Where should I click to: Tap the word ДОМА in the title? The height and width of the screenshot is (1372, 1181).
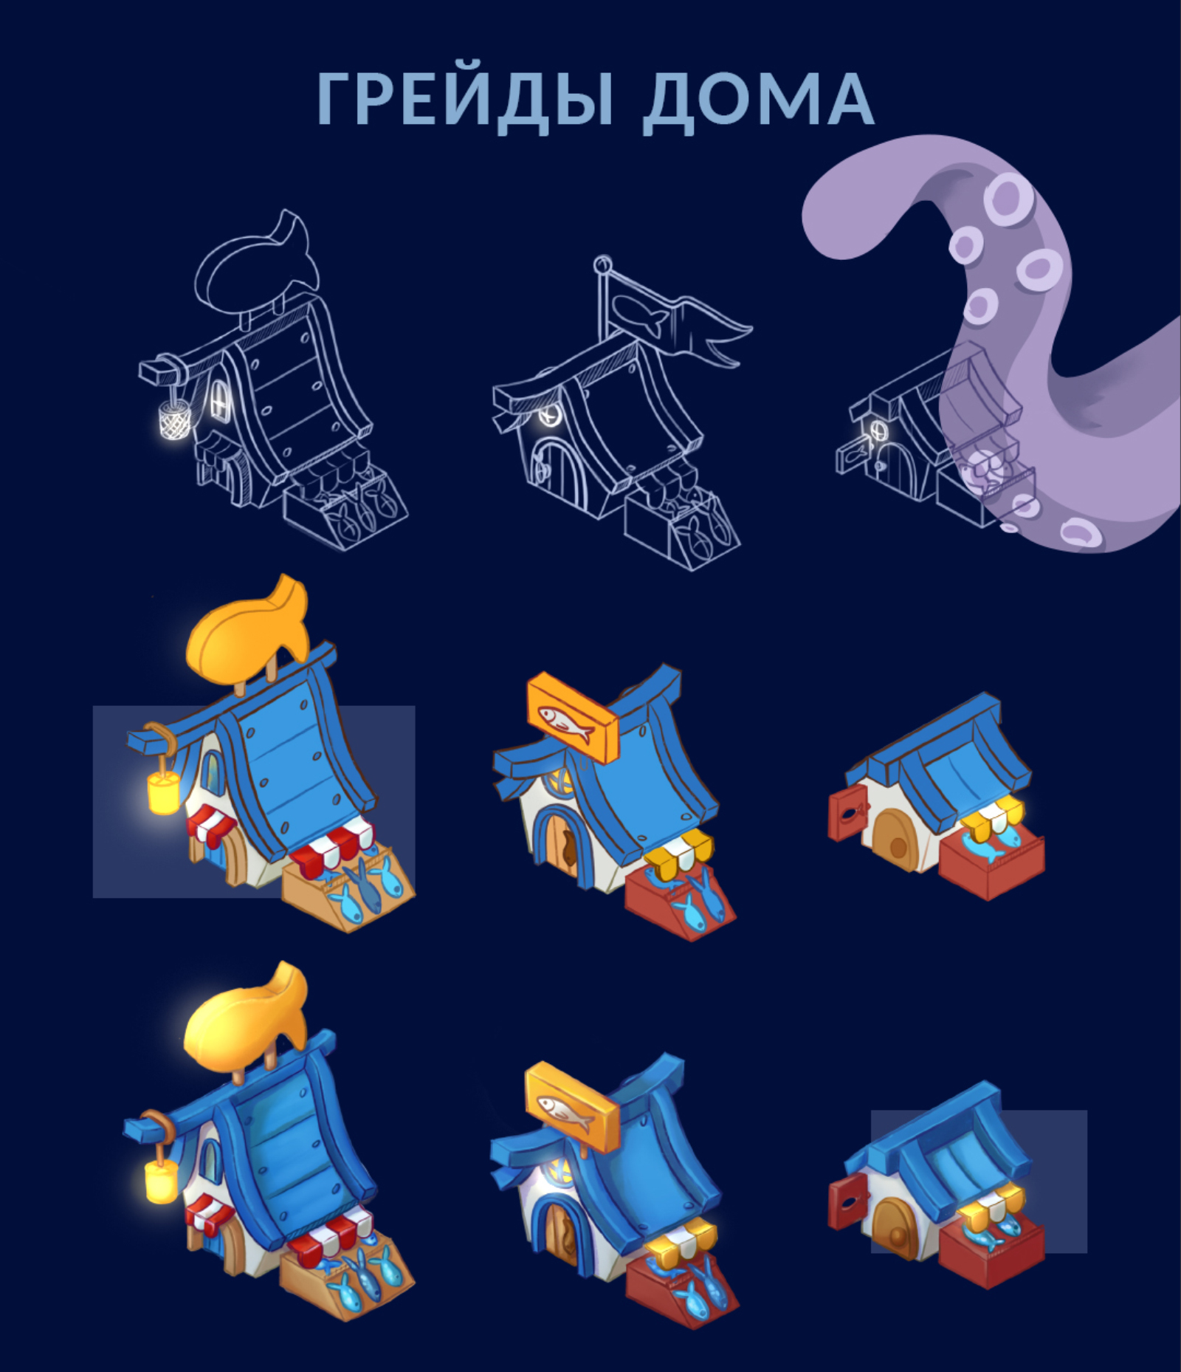click(x=758, y=100)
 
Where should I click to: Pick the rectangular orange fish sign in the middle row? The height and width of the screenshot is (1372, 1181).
click(x=571, y=716)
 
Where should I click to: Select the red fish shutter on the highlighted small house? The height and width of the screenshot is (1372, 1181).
click(x=846, y=1204)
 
